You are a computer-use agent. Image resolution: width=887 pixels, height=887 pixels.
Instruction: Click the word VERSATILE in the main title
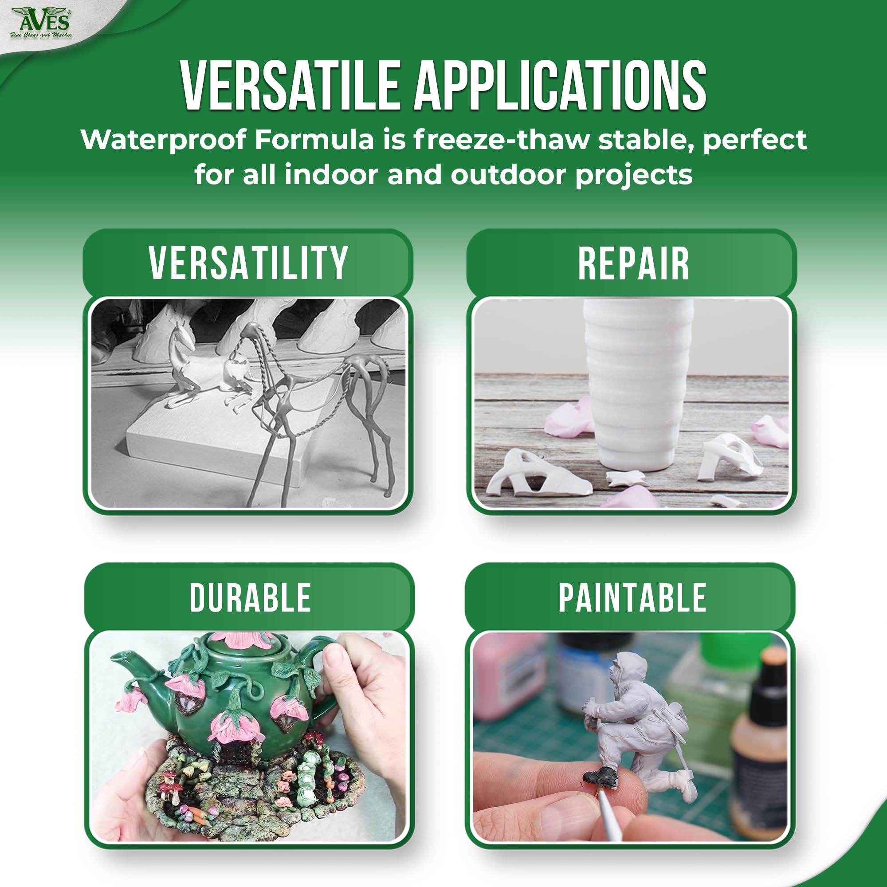pyautogui.click(x=290, y=86)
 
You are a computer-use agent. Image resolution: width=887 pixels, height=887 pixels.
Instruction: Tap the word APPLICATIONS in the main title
pyautogui.click(x=560, y=86)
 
